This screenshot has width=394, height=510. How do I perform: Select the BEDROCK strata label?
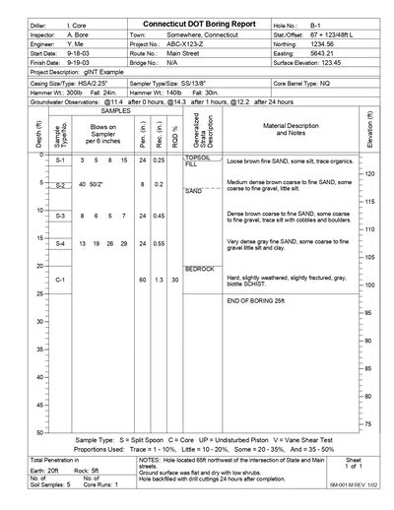(199, 268)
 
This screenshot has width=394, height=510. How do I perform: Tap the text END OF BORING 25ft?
(261, 298)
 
